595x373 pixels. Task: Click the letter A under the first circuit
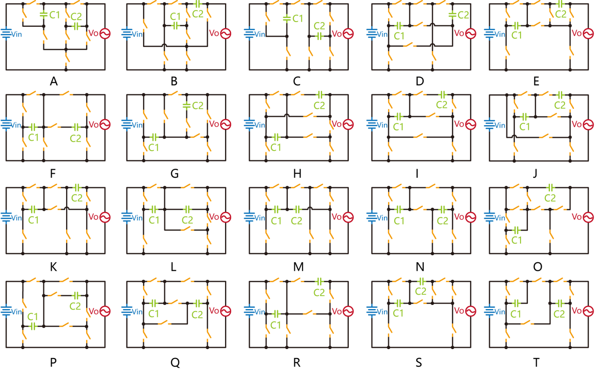pos(53,81)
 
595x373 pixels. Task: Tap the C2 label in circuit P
pos(75,306)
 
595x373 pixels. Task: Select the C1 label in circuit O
pos(516,240)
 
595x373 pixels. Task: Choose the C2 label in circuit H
pos(319,106)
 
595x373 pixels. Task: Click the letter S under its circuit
pos(418,362)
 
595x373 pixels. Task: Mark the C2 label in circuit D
pos(463,15)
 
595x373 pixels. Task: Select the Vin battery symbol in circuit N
pos(373,218)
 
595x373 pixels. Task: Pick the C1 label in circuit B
pos(175,16)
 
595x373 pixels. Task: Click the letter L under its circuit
pos(173,267)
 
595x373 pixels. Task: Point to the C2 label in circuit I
pos(442,105)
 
